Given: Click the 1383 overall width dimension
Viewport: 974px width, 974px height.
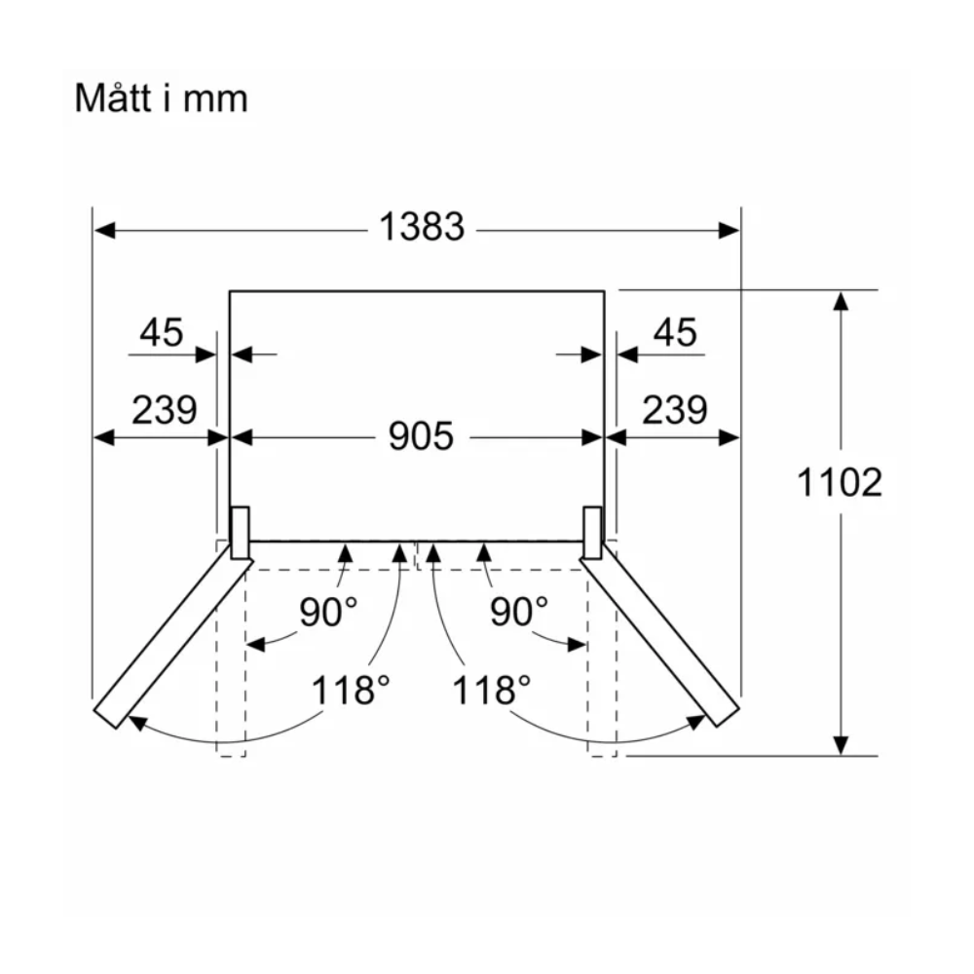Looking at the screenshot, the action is [x=422, y=226].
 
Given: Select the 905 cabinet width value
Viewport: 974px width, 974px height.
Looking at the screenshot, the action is [x=421, y=436].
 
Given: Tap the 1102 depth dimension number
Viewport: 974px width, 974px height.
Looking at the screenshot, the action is [x=840, y=483].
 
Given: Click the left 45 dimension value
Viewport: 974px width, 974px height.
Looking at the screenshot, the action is [x=161, y=332].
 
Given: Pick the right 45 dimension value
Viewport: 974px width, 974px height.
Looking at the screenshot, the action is [x=675, y=332].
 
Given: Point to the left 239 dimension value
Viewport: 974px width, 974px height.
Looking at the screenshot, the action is [x=164, y=410].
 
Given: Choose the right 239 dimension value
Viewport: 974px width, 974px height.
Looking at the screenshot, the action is [x=675, y=410].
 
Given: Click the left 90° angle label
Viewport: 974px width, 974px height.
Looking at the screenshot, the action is [x=328, y=612].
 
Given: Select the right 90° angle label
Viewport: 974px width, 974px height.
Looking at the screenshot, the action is [x=519, y=612].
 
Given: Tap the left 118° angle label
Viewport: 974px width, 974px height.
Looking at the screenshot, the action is [x=351, y=691].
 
